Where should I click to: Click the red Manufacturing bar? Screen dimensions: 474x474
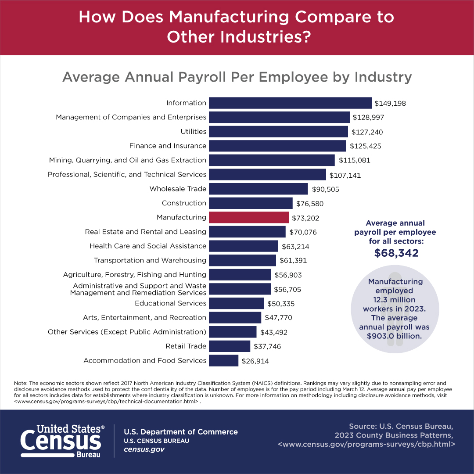coord(249,217)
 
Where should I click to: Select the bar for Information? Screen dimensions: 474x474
coord(290,103)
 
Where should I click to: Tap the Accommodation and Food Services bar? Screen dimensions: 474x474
coord(223,361)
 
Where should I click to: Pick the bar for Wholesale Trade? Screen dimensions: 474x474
coord(258,189)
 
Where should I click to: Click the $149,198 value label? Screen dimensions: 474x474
coord(390,104)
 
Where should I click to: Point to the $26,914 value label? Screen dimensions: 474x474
coord(255,361)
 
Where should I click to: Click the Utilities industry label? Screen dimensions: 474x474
coord(193,132)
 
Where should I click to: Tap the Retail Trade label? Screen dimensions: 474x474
coord(186,346)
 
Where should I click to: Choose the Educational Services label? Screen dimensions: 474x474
coord(170,303)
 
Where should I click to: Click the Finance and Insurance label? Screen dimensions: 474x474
coord(168,146)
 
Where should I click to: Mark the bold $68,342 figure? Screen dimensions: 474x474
coord(396,253)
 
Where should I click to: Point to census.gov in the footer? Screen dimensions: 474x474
coord(144,450)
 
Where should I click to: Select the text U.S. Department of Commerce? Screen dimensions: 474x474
coord(181,432)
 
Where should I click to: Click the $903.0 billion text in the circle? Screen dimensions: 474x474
coord(394,336)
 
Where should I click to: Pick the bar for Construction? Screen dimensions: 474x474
coord(251,203)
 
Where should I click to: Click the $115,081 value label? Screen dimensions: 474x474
coord(354,161)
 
